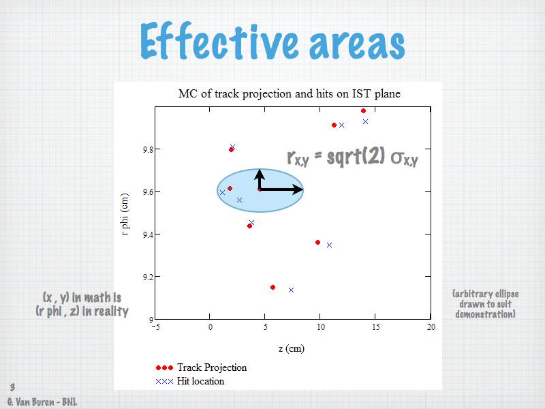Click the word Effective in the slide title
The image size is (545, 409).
(x=219, y=41)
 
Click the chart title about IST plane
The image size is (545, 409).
(x=289, y=93)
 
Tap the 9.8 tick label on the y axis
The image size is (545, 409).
(x=147, y=149)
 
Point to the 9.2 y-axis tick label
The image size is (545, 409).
(x=147, y=277)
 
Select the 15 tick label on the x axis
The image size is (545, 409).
(x=376, y=327)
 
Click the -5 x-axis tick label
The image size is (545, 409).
(x=156, y=327)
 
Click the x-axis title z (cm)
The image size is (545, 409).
(x=292, y=348)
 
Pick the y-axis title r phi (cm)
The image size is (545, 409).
(x=125, y=214)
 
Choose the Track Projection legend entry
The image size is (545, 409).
(x=201, y=367)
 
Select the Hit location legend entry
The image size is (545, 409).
(x=190, y=381)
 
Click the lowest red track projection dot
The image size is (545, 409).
(x=273, y=287)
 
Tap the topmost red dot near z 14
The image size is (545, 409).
(x=363, y=111)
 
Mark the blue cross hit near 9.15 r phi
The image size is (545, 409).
(x=292, y=290)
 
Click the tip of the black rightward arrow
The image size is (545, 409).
(x=303, y=190)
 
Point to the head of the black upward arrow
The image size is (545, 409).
(x=260, y=170)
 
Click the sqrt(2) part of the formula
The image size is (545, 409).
(x=356, y=156)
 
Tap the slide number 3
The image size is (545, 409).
(x=12, y=387)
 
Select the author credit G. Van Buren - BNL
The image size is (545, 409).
(x=42, y=402)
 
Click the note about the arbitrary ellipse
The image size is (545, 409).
(x=486, y=304)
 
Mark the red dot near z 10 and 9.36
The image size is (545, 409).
(x=317, y=243)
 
